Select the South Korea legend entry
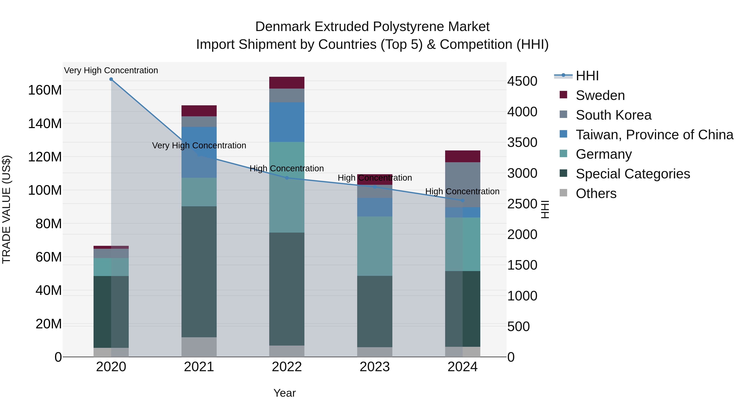[x=613, y=115]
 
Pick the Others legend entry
[x=596, y=193]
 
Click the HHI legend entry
[x=587, y=76]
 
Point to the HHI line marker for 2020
[x=111, y=79]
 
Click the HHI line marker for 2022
[x=287, y=178]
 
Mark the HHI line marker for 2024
[x=463, y=200]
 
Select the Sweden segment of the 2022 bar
[x=287, y=83]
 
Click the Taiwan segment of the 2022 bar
[x=287, y=122]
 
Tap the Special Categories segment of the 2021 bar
[x=199, y=272]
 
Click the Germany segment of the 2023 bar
[x=375, y=246]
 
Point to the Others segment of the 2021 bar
[x=199, y=347]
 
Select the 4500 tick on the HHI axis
[x=522, y=81]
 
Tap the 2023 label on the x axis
[x=375, y=367]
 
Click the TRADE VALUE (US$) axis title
[x=6, y=209]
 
